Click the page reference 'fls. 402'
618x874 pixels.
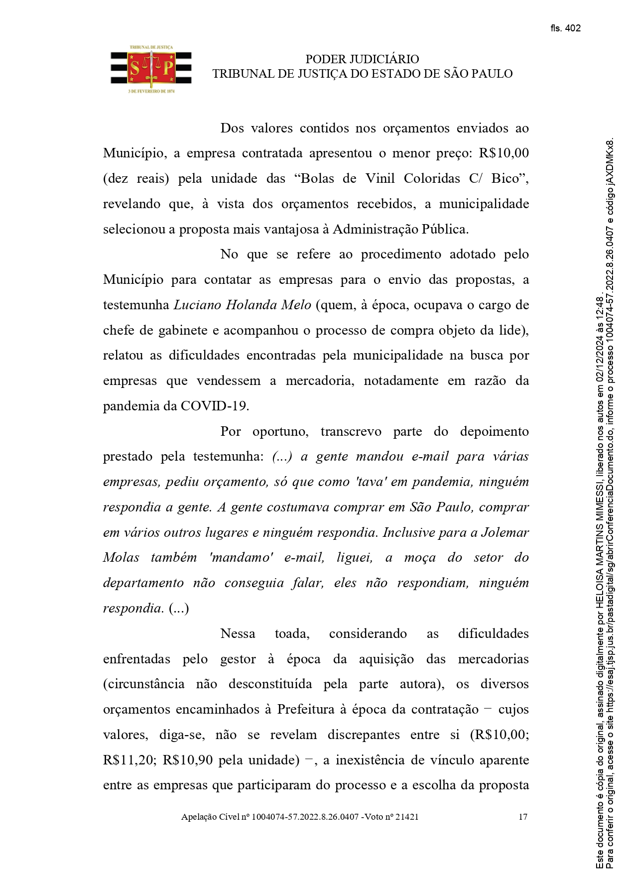565,28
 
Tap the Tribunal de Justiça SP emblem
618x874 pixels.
151,69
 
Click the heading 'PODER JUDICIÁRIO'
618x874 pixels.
362,59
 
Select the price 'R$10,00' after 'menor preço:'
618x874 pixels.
503,153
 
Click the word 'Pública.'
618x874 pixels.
445,230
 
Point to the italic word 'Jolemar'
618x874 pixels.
504,532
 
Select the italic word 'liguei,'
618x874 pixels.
355,558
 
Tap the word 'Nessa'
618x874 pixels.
238,634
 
